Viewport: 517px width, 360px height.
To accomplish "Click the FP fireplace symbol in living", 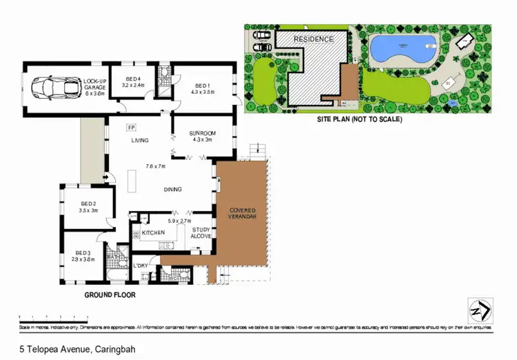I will point(131,128).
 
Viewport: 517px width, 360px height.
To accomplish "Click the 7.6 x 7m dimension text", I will point(156,166).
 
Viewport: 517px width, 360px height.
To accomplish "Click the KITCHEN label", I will point(153,233).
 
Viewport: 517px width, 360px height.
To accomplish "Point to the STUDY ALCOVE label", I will point(201,233).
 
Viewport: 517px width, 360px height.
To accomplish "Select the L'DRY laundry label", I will point(141,266).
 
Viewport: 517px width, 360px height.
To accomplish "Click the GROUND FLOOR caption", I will point(110,294).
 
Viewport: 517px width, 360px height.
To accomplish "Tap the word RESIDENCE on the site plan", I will point(314,39).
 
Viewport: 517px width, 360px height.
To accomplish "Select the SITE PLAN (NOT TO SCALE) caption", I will point(359,119).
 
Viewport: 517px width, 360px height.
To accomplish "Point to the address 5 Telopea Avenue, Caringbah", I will point(77,349).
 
